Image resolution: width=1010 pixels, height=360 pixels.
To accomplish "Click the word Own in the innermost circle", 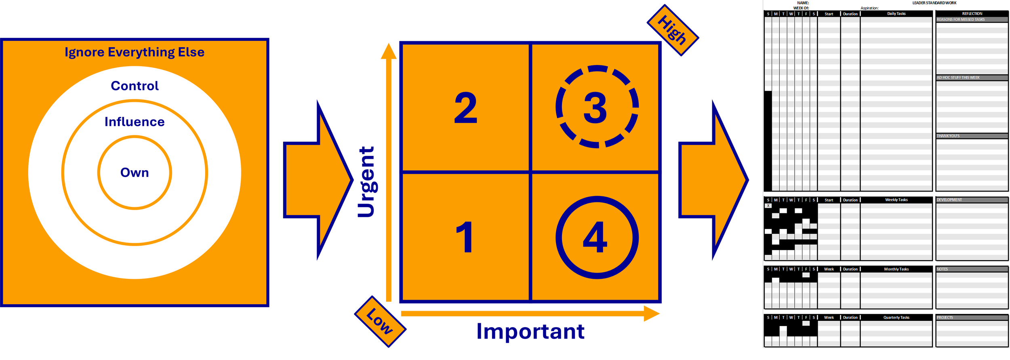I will pyautogui.click(x=135, y=173).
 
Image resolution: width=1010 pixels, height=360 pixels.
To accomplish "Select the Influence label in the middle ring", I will pyautogui.click(x=135, y=122).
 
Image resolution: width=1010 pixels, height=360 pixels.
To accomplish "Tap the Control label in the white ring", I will pyautogui.click(x=135, y=86).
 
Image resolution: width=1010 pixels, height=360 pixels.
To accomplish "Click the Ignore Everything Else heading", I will pyautogui.click(x=135, y=52).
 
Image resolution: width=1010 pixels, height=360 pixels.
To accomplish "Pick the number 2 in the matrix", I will pyautogui.click(x=465, y=107).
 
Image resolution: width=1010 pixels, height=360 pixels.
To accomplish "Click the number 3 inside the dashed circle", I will pyautogui.click(x=595, y=107).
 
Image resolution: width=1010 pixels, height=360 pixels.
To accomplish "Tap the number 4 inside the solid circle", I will pyautogui.click(x=595, y=237).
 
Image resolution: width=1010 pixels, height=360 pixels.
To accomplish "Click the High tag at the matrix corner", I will pyautogui.click(x=672, y=30).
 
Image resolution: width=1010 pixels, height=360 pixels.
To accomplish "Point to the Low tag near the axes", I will pyautogui.click(x=379, y=322).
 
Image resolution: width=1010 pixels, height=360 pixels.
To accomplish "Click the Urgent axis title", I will pyautogui.click(x=367, y=182).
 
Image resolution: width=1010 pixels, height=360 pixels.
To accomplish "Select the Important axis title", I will pyautogui.click(x=530, y=332).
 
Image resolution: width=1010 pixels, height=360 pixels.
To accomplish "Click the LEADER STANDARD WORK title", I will pyautogui.click(x=934, y=3).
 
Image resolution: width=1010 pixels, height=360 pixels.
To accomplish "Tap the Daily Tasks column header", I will pyautogui.click(x=896, y=14).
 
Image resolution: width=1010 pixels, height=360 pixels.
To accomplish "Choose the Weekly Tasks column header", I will pyautogui.click(x=896, y=200).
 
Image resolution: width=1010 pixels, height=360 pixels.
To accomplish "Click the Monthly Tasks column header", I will pyautogui.click(x=896, y=269).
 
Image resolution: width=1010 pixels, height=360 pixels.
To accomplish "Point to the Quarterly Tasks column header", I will pyautogui.click(x=896, y=318).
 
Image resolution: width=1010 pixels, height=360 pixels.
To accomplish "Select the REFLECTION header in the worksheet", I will pyautogui.click(x=972, y=14).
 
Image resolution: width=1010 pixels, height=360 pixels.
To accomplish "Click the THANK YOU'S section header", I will pyautogui.click(x=948, y=136).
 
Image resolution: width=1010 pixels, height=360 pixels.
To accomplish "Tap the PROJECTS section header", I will pyautogui.click(x=945, y=318).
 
